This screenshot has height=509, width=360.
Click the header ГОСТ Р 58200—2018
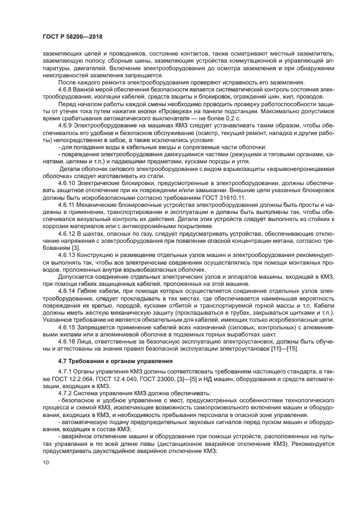[x=72, y=36]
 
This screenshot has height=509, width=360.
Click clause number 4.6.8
[x=67, y=89]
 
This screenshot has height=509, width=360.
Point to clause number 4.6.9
[x=67, y=124]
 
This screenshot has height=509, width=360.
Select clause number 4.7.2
[x=67, y=393]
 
